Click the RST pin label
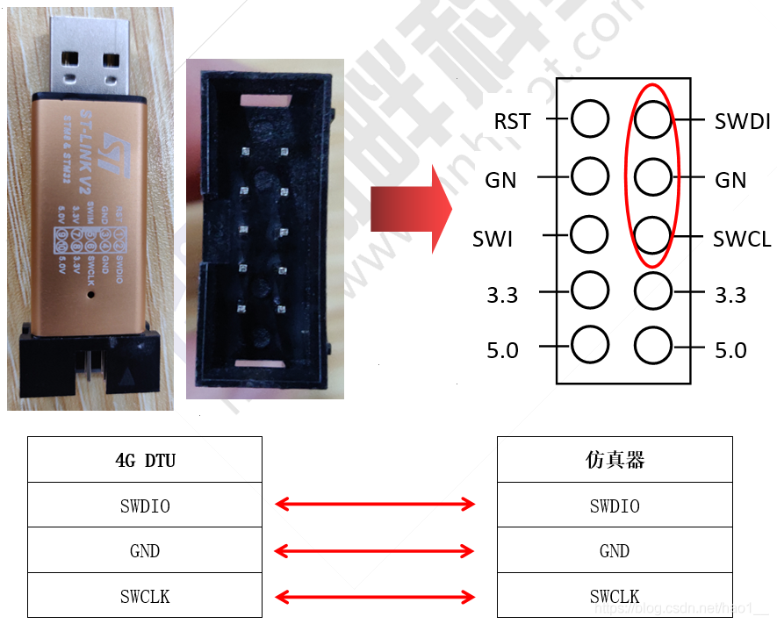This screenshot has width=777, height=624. (x=512, y=121)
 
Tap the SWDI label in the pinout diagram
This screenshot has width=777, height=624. (x=742, y=121)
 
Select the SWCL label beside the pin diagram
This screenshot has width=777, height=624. (x=742, y=239)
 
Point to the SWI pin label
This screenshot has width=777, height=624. (x=493, y=239)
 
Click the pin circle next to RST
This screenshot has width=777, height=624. (x=590, y=118)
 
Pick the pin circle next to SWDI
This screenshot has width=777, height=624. (x=652, y=118)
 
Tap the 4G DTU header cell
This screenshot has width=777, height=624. (x=145, y=460)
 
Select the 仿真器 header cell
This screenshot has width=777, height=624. (x=615, y=460)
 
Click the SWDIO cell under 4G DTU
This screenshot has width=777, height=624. (x=145, y=506)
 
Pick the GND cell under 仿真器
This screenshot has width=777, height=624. (x=615, y=551)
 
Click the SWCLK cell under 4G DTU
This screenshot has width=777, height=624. (x=145, y=597)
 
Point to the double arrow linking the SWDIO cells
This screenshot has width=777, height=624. (x=375, y=504)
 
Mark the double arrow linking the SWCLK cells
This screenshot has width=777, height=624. (x=375, y=598)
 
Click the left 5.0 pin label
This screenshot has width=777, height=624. (x=502, y=351)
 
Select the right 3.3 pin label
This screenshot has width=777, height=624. (x=730, y=296)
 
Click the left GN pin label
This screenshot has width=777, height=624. (x=500, y=180)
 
